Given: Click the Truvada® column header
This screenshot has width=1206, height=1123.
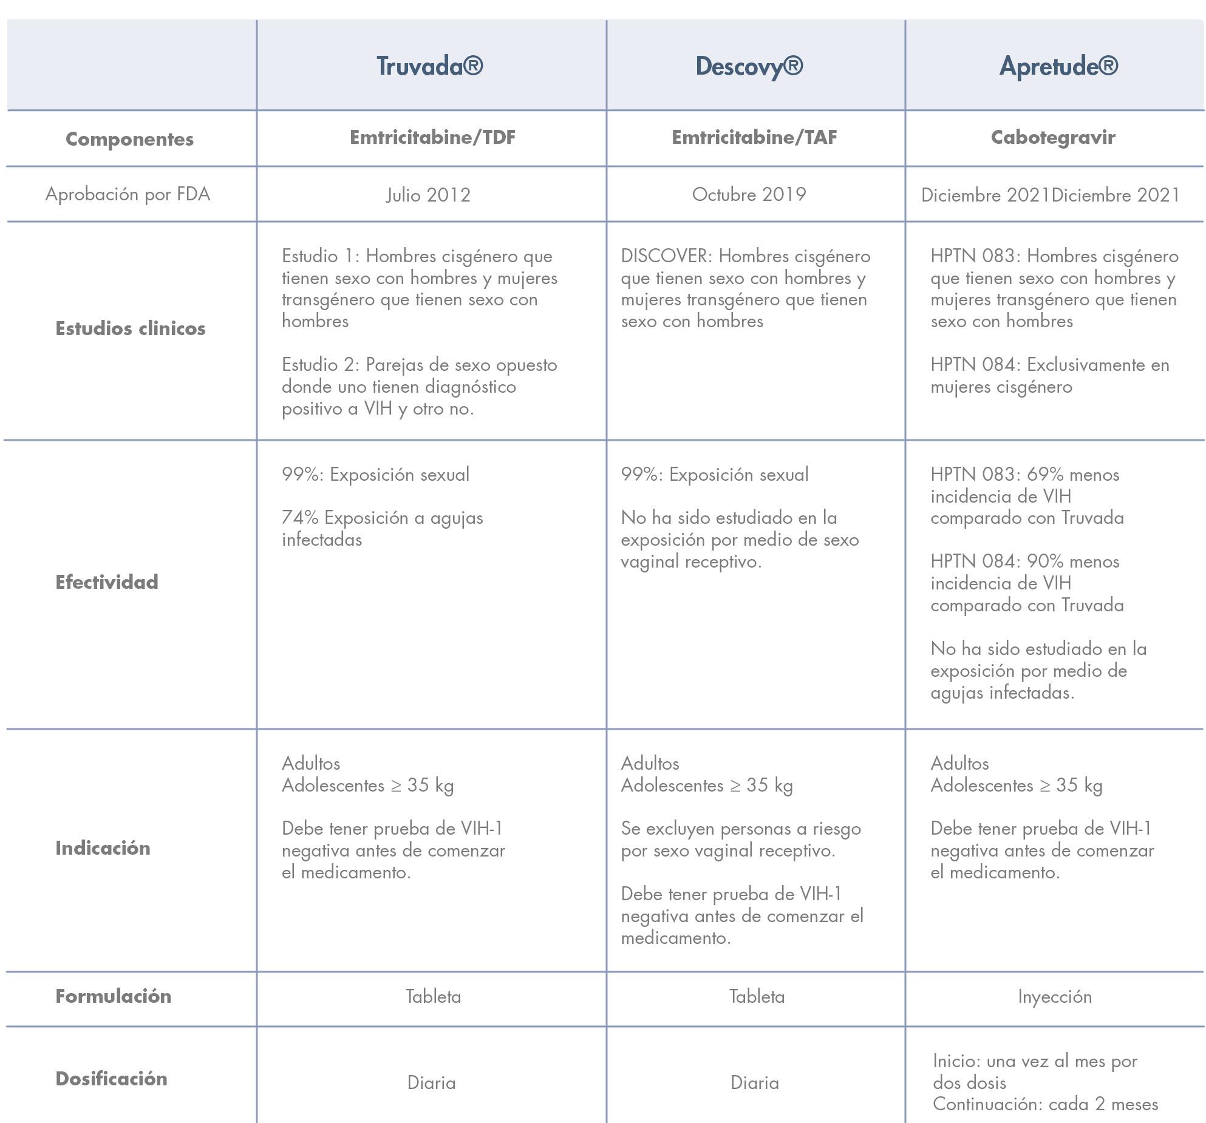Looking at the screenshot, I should pyautogui.click(x=429, y=66).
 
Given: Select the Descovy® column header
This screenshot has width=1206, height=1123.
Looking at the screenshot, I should pyautogui.click(x=749, y=66).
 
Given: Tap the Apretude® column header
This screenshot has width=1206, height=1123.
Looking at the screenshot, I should pyautogui.click(x=1058, y=66).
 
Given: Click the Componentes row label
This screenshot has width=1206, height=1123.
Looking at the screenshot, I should pyautogui.click(x=129, y=139).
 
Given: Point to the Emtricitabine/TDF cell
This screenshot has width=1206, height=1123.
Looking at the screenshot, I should pyautogui.click(x=432, y=137).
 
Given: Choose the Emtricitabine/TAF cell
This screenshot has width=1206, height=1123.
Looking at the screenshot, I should pyautogui.click(x=754, y=137).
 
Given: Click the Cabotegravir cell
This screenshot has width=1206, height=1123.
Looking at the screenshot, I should pyautogui.click(x=1053, y=137).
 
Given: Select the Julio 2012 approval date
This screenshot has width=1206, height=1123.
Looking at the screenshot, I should pyautogui.click(x=428, y=195).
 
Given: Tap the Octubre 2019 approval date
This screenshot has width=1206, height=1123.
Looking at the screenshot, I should pyautogui.click(x=749, y=194).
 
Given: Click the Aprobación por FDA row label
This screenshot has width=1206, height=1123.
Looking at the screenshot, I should pyautogui.click(x=128, y=194).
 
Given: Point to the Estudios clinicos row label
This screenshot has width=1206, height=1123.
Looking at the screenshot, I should pyautogui.click(x=130, y=328).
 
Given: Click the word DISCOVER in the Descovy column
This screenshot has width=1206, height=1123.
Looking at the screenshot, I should pyautogui.click(x=664, y=256).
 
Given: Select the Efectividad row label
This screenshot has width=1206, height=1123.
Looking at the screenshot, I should pyautogui.click(x=106, y=582).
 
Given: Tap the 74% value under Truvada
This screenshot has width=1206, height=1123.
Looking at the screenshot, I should pyautogui.click(x=300, y=518).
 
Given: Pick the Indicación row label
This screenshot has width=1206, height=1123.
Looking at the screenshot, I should pyautogui.click(x=103, y=848).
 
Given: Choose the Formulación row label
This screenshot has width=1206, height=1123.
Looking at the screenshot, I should pyautogui.click(x=113, y=996).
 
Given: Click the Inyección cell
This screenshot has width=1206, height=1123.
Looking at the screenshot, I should pyautogui.click(x=1055, y=997).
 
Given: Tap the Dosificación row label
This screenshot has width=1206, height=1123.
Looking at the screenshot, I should pyautogui.click(x=111, y=1079).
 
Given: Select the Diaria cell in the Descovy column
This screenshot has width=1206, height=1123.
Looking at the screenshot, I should pyautogui.click(x=754, y=1083).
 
